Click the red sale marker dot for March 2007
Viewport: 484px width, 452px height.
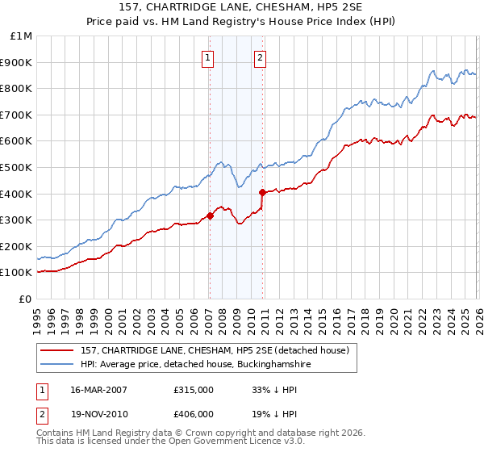[x=210, y=216]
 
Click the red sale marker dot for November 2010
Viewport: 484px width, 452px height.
[x=263, y=192]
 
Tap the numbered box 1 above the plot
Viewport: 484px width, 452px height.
[x=208, y=57]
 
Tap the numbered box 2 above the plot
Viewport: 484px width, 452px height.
[x=261, y=57]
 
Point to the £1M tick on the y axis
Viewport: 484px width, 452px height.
[x=21, y=36]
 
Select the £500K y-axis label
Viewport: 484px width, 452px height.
[x=18, y=168]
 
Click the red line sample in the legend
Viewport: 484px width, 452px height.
[x=57, y=350]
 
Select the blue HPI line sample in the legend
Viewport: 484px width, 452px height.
[x=57, y=365]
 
